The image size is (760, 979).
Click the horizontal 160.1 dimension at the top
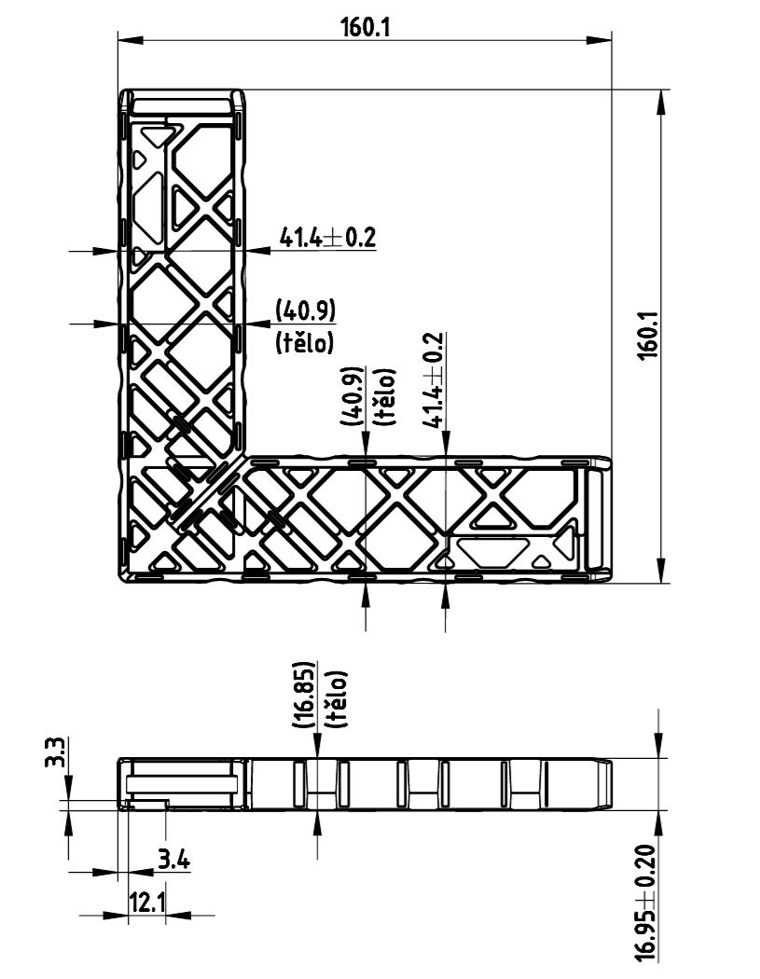coord(366,27)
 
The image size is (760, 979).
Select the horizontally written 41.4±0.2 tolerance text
coord(328,237)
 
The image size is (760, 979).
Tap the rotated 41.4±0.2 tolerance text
coord(434,380)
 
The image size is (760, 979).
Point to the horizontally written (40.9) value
coord(305,310)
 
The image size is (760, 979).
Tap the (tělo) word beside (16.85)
coord(336,698)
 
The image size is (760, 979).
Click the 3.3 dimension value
coord(55,752)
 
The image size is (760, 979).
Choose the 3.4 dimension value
coord(173,861)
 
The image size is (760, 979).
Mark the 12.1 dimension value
coord(146,903)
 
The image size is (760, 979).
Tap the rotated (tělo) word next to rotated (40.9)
coord(383,397)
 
